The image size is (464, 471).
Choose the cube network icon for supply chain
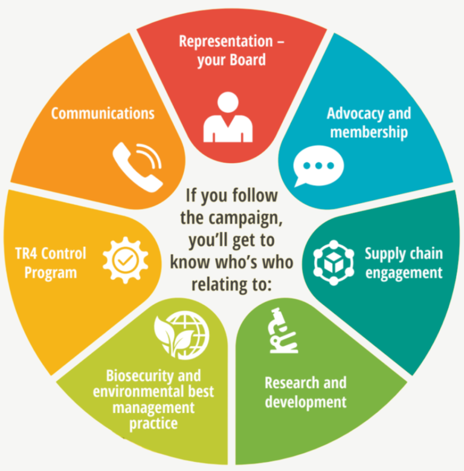pyautogui.click(x=333, y=262)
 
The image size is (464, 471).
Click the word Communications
pyautogui.click(x=103, y=113)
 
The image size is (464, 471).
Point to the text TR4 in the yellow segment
pyautogui.click(x=30, y=253)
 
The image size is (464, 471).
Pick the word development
pyautogui.click(x=306, y=401)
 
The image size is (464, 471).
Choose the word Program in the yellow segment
pyautogui.click(x=51, y=272)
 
